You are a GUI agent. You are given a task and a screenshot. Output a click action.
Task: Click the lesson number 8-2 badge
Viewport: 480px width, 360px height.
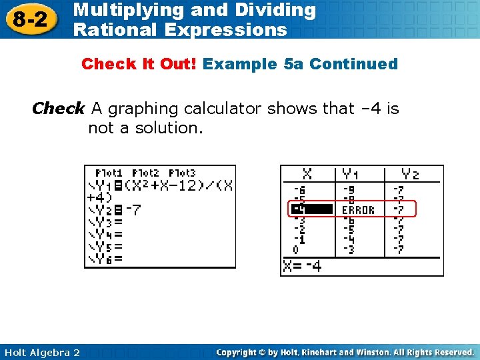pyautogui.click(x=29, y=19)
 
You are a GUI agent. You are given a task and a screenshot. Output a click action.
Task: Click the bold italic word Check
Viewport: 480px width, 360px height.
pyautogui.click(x=59, y=109)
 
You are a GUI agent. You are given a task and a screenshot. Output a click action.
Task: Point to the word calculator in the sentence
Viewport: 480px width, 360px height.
pyautogui.click(x=224, y=109)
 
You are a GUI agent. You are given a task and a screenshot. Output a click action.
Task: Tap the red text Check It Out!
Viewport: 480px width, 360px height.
pyautogui.click(x=139, y=65)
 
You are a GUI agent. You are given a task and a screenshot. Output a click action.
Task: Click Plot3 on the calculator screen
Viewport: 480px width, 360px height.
pyautogui.click(x=182, y=173)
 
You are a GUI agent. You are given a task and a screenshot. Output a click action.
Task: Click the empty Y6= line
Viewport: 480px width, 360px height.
pyautogui.click(x=106, y=259)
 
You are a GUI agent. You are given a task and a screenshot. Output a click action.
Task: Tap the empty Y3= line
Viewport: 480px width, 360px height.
pyautogui.click(x=106, y=222)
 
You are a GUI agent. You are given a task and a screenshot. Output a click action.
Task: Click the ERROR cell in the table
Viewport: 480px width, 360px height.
pyautogui.click(x=358, y=210)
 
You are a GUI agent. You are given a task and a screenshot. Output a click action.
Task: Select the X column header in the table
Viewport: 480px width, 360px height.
pyautogui.click(x=307, y=175)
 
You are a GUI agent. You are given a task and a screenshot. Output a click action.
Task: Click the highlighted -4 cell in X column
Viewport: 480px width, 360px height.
pyautogui.click(x=310, y=210)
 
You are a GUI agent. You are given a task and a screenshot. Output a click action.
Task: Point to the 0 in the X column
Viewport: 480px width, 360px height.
pyautogui.click(x=296, y=250)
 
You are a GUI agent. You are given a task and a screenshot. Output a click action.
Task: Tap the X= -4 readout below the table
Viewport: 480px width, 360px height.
pyautogui.click(x=302, y=266)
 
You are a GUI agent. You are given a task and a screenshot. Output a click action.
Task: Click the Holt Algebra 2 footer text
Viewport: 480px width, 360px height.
pyautogui.click(x=41, y=352)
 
